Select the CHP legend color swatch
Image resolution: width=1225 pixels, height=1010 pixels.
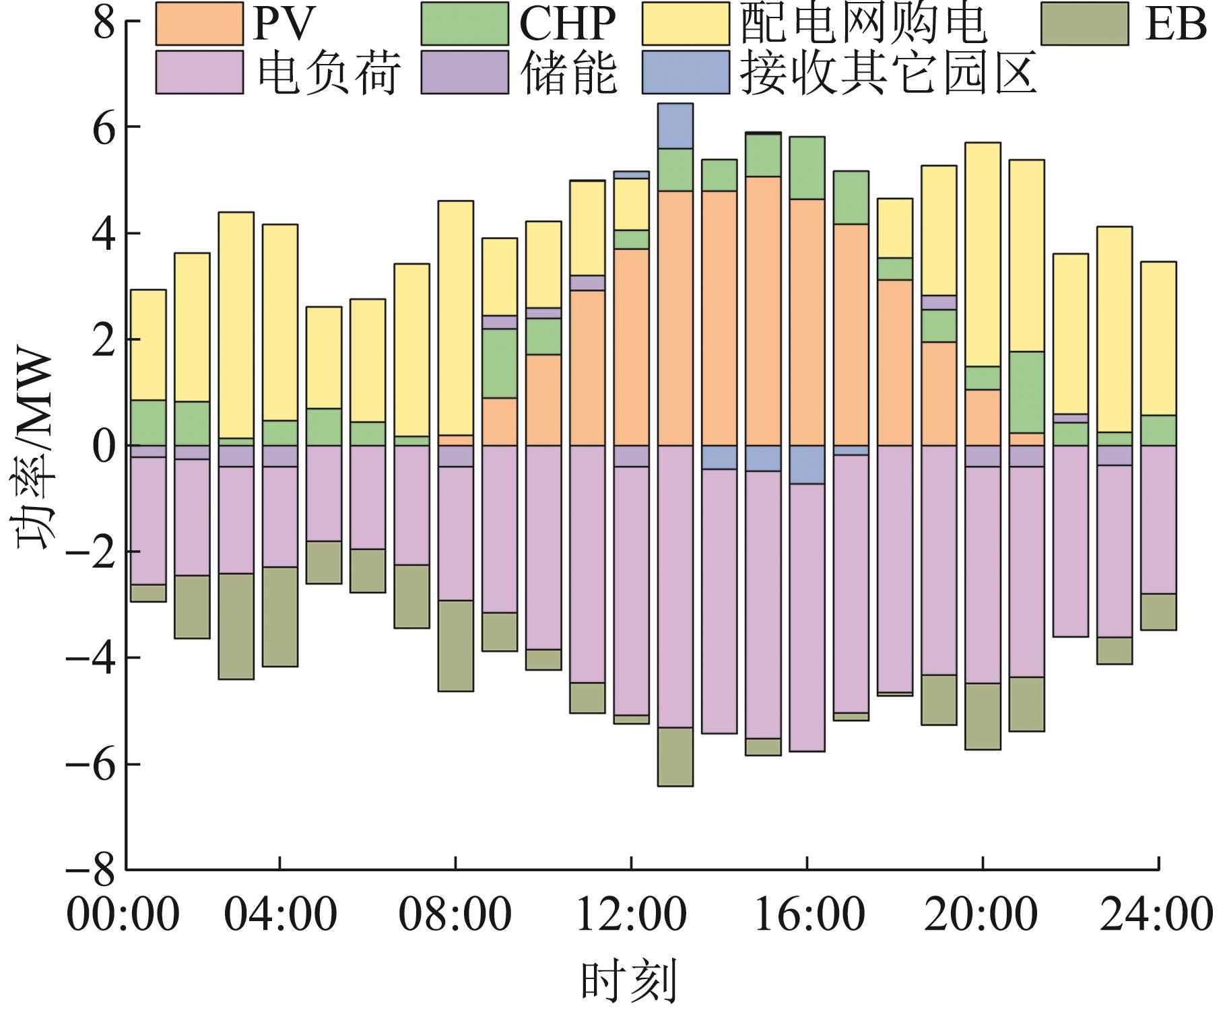pos(465,24)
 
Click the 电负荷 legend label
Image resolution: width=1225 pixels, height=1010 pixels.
pos(330,73)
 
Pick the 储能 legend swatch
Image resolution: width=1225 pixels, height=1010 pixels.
pos(465,72)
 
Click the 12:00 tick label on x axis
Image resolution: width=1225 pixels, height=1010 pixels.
pos(631,916)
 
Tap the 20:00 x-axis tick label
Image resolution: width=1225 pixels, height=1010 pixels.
pos(983,916)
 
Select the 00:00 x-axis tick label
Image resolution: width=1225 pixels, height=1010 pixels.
pos(123,916)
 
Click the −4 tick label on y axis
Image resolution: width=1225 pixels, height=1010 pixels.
pos(94,658)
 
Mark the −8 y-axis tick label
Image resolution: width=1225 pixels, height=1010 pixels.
pos(94,869)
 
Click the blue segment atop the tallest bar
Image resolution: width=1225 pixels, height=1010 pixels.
pos(675,126)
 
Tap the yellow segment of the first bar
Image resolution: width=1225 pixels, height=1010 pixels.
pos(148,345)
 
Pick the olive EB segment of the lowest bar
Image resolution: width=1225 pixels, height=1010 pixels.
pos(675,756)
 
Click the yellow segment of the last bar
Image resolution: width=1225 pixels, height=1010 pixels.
pos(1158,338)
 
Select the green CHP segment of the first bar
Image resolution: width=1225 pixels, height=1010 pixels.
pos(148,423)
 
